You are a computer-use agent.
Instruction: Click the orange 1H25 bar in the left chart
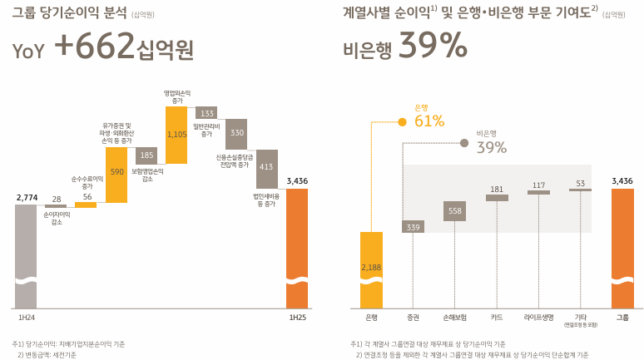pyautogui.click(x=298, y=249)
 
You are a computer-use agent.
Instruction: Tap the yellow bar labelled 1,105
pyautogui.click(x=176, y=135)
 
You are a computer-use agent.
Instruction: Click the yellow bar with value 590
pyautogui.click(x=117, y=173)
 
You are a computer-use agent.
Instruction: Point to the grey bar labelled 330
pyautogui.click(x=236, y=133)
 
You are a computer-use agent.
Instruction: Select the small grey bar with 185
pyautogui.click(x=146, y=154)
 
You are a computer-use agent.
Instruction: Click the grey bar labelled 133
pyautogui.click(x=206, y=113)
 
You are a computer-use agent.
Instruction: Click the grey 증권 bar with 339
pyautogui.click(x=413, y=226)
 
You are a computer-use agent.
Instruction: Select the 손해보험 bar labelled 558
pyautogui.click(x=455, y=211)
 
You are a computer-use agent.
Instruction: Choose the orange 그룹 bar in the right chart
pyautogui.click(x=622, y=249)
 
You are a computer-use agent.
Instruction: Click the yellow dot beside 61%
pyautogui.click(x=403, y=121)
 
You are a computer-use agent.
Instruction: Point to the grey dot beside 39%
pyautogui.click(x=464, y=143)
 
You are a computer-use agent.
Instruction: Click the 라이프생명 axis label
pyautogui.click(x=539, y=317)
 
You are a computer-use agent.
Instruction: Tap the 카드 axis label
pyautogui.click(x=497, y=317)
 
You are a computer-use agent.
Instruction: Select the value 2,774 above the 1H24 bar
pyautogui.click(x=27, y=197)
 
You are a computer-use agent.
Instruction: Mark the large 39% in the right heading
pyautogui.click(x=433, y=47)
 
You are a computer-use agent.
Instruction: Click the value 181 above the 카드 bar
pyautogui.click(x=497, y=189)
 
